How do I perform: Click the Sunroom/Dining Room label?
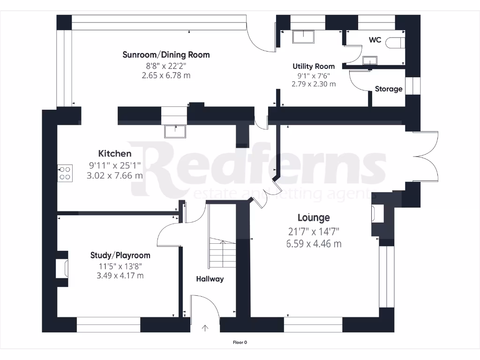pyautogui.click(x=166, y=55)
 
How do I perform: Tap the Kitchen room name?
pyautogui.click(x=114, y=154)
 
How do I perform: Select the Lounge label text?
pyautogui.click(x=314, y=217)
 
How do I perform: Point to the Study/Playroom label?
pyautogui.click(x=120, y=255)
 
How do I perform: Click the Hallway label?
pyautogui.click(x=210, y=279)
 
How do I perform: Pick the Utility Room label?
pyautogui.click(x=314, y=67)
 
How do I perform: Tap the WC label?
pyautogui.click(x=375, y=40)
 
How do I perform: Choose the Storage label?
pyautogui.click(x=388, y=89)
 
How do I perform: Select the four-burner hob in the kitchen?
pyautogui.click(x=65, y=173)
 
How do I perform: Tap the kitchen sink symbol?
pyautogui.click(x=175, y=131)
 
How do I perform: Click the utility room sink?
pyautogui.click(x=304, y=37)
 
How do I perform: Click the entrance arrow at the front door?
pyautogui.click(x=205, y=328)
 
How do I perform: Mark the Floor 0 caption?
pyautogui.click(x=240, y=343)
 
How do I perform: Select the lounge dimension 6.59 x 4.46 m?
pyautogui.click(x=314, y=244)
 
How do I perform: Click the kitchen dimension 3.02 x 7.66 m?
pyautogui.click(x=114, y=176)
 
